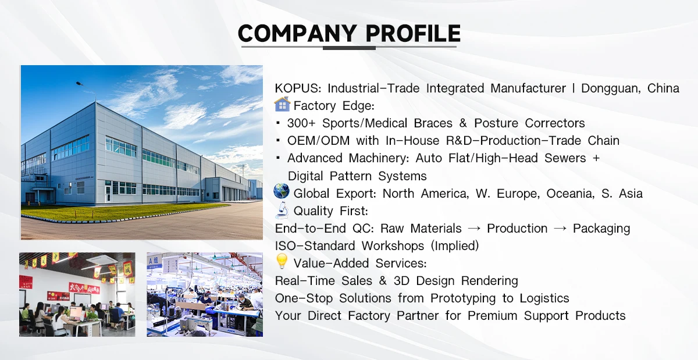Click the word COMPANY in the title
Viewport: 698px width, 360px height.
(297, 33)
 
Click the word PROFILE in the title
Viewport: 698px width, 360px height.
(413, 33)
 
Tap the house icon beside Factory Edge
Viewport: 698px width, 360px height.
(282, 105)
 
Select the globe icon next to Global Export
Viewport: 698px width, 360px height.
(282, 191)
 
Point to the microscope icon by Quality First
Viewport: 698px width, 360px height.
(282, 210)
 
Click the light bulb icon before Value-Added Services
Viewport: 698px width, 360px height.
(282, 261)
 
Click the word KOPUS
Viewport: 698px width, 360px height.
(298, 88)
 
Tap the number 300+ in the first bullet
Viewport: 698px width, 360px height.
(301, 123)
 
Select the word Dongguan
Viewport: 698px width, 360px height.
(611, 89)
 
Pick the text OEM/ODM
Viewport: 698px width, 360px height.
(319, 141)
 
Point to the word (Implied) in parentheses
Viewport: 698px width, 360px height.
(455, 246)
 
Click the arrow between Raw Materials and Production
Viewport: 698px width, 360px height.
(474, 229)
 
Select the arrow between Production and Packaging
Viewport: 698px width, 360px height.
(560, 229)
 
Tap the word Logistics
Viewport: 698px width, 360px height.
(544, 298)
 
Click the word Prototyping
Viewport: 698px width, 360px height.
(463, 298)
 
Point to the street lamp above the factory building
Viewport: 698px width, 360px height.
(80, 84)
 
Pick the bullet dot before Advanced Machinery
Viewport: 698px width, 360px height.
(278, 158)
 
